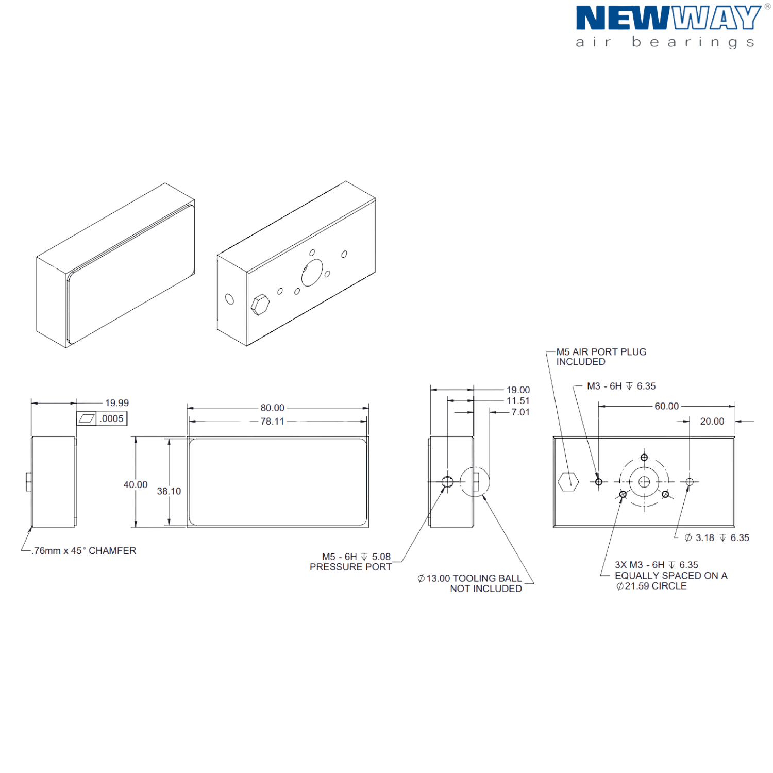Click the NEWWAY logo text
[x=667, y=19]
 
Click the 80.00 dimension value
[x=272, y=408]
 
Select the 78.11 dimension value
[x=272, y=422]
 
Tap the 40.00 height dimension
[x=135, y=485]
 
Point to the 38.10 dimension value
[x=169, y=492]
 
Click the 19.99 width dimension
[x=116, y=404]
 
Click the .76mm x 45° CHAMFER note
[x=84, y=551]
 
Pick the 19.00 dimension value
[x=517, y=391]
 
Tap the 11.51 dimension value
[x=517, y=401]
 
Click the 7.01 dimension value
[x=520, y=412]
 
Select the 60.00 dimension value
[x=666, y=407]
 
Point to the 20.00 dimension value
[x=712, y=422]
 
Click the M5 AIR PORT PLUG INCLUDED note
[x=601, y=357]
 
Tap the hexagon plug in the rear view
[x=568, y=481]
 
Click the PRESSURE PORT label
[x=350, y=567]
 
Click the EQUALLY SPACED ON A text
[x=670, y=576]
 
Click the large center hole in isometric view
[x=311, y=273]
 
